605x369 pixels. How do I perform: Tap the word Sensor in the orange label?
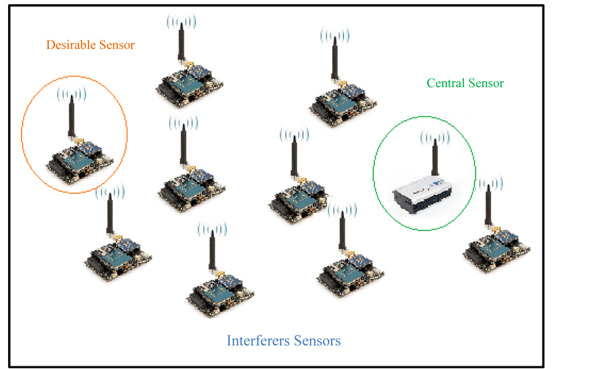[114, 46]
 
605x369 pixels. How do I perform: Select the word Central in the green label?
[445, 84]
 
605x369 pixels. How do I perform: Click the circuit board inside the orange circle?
[78, 161]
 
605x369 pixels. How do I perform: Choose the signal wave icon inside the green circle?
[434, 138]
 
